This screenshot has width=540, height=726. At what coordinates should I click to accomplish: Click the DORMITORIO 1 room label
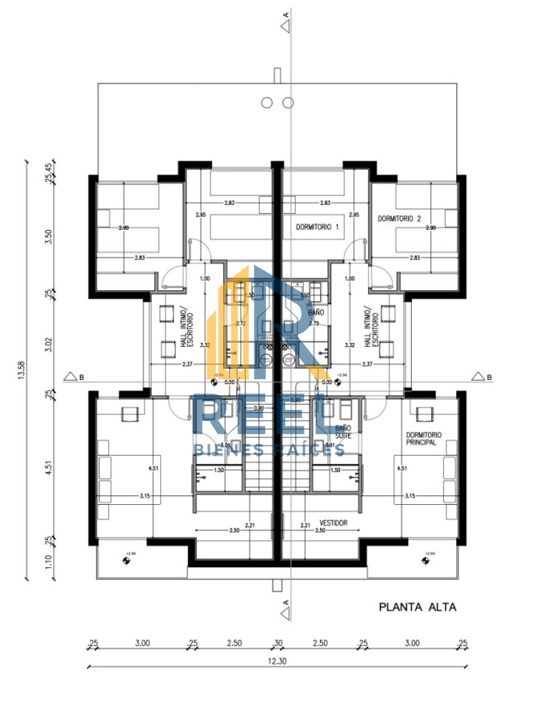coord(318,228)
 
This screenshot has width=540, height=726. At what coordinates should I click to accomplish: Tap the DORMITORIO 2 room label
coord(400,219)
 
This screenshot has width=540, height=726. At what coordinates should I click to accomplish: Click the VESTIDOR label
coord(333,523)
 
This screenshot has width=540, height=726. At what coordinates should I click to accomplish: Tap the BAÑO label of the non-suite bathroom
coord(316,311)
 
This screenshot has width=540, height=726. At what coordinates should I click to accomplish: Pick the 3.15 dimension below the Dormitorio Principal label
coord(409,496)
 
